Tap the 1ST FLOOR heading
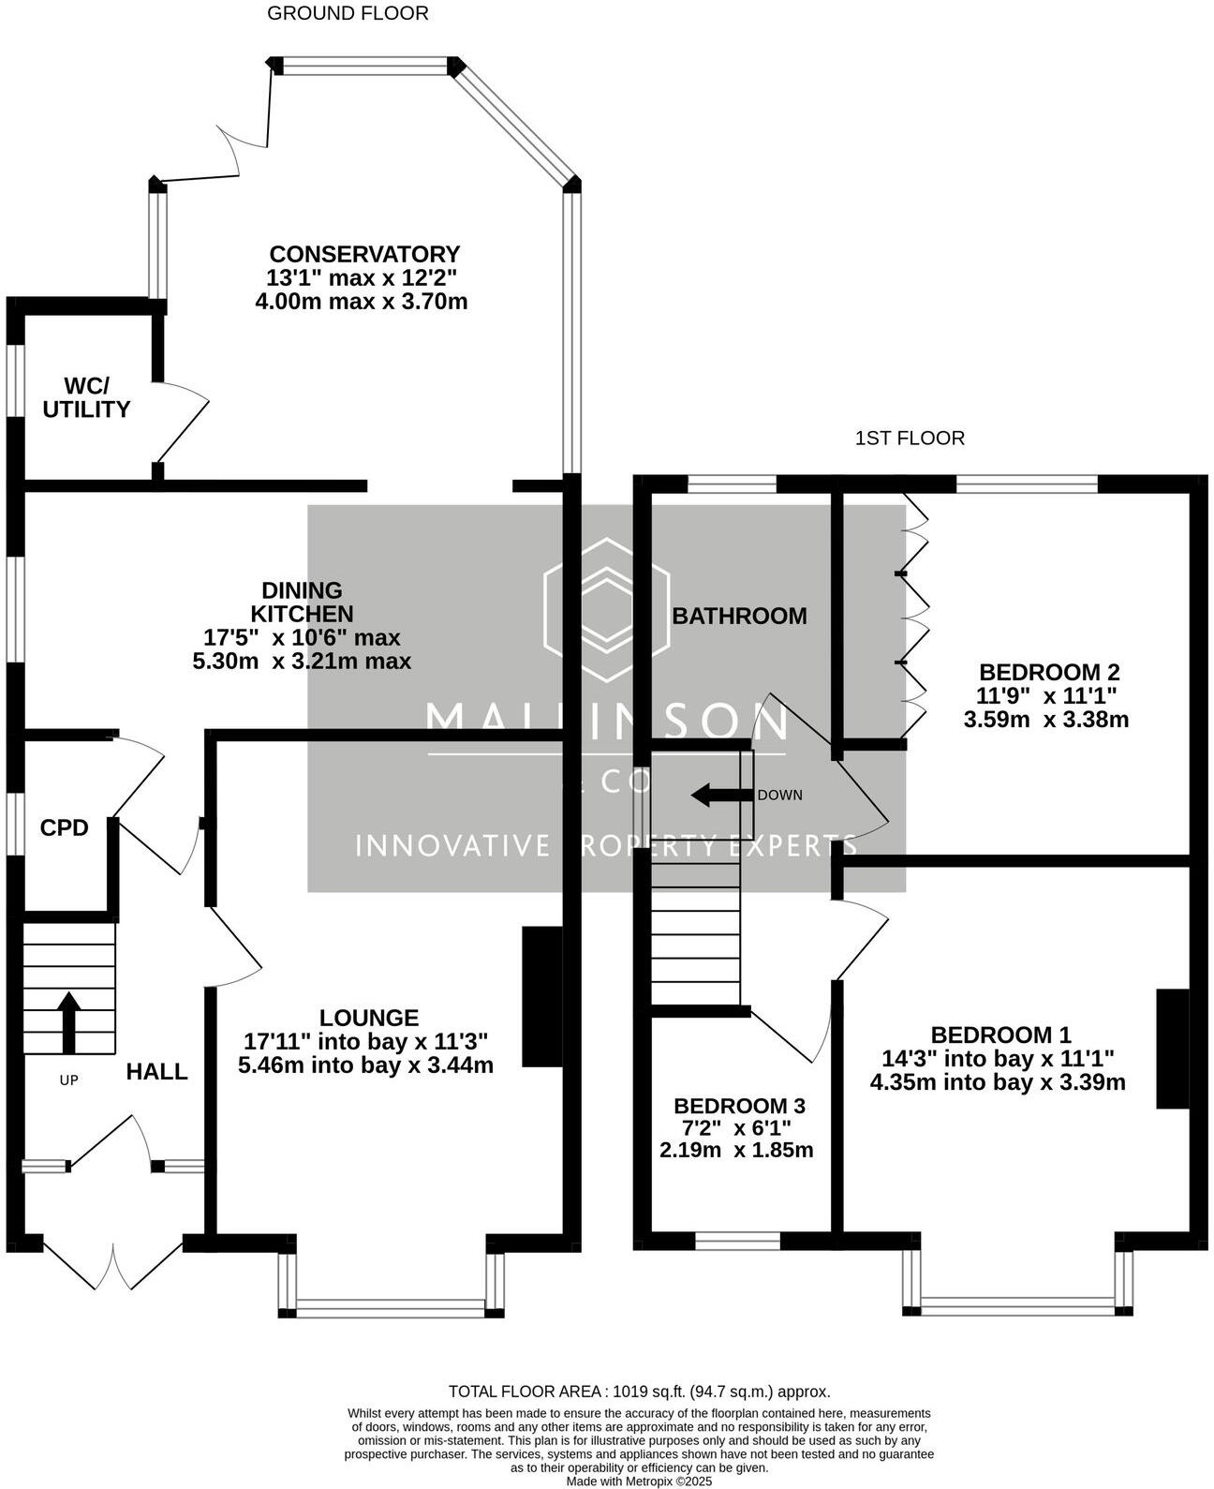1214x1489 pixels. coord(910,438)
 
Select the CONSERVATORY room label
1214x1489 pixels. coord(364,254)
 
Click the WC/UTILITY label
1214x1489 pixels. coord(86,398)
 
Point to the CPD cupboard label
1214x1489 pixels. coord(65,827)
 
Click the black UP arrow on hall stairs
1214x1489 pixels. coord(69,1021)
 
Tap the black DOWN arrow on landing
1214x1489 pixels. coord(721,796)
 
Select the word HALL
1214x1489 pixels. coord(157,1071)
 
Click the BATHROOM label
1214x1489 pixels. coord(739,616)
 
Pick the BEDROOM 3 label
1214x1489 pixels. coord(739,1106)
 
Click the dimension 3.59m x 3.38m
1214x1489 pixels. coord(1045,720)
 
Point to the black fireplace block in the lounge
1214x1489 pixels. coord(541,996)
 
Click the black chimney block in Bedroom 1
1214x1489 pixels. coord(1173,1049)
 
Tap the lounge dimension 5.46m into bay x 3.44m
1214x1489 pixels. coord(365,1065)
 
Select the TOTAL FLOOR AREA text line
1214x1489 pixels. coord(640,1392)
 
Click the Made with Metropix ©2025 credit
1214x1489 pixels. coord(640,1482)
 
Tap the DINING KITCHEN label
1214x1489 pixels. coord(302,602)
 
